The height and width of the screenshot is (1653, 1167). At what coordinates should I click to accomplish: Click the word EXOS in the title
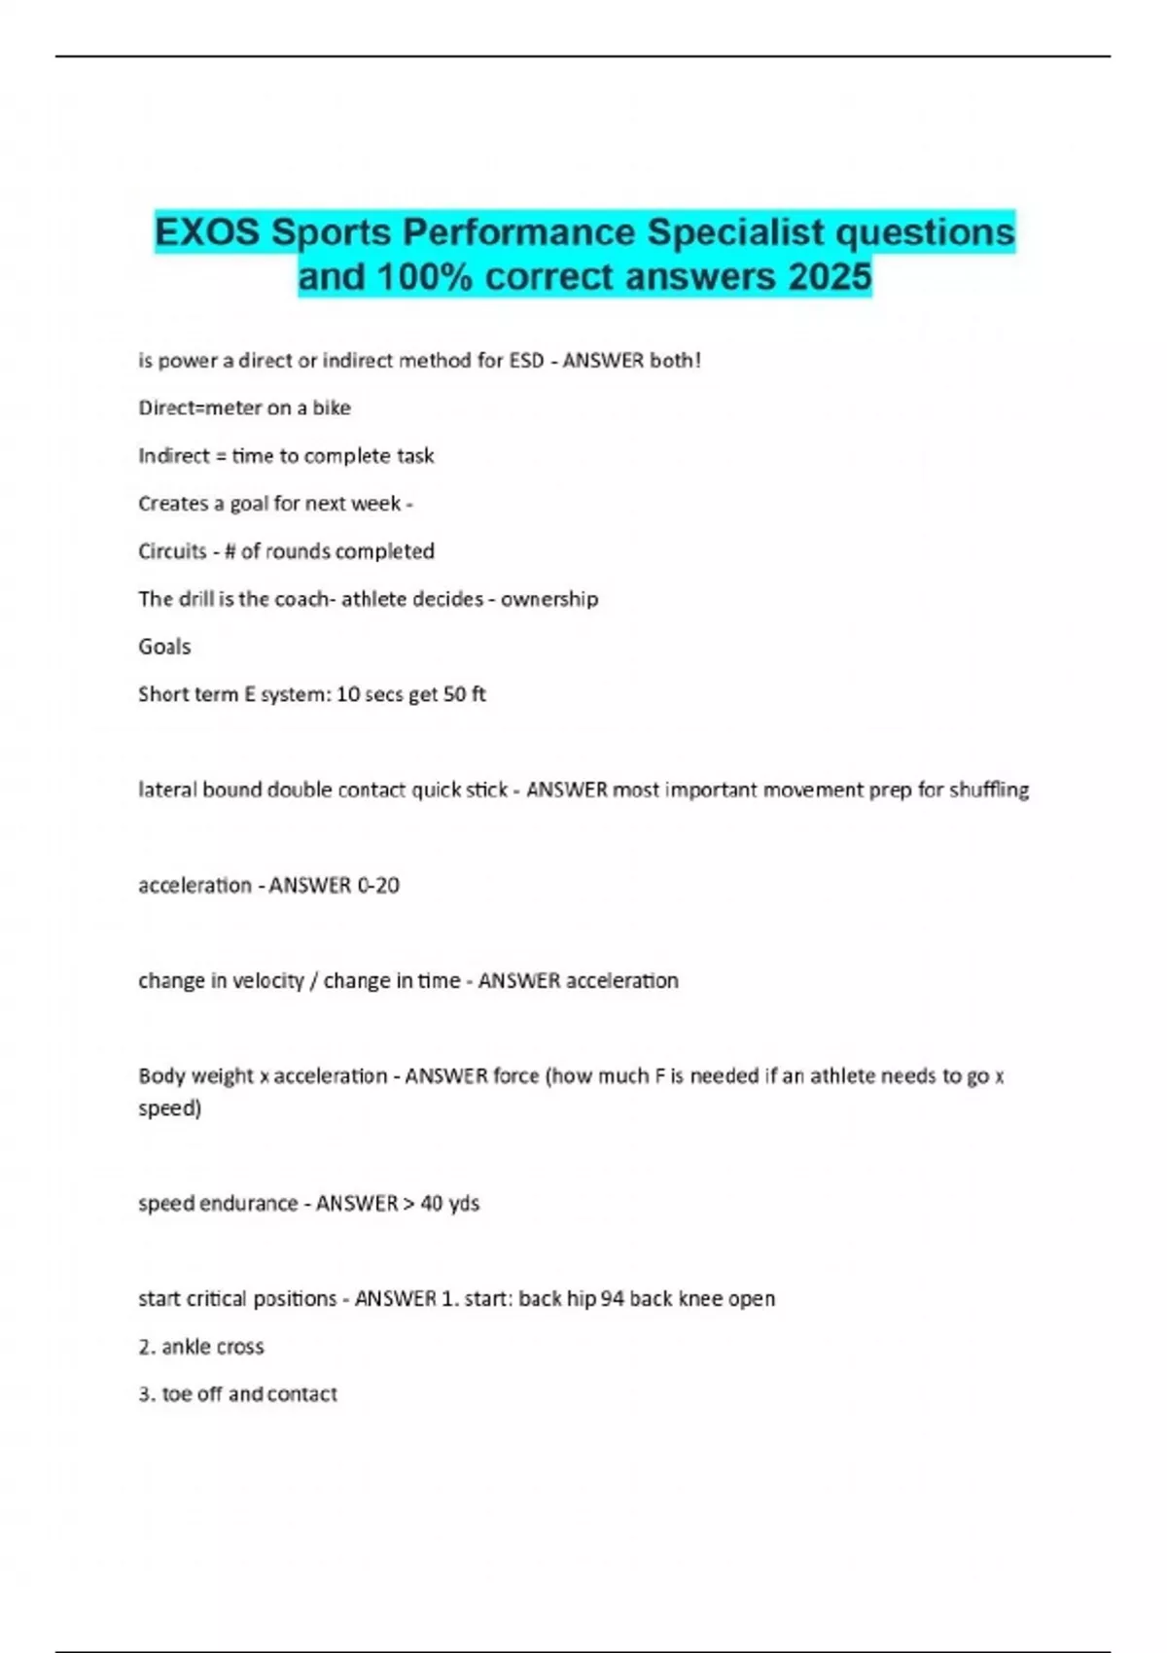207,232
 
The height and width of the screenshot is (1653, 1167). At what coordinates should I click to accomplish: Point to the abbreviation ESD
526,361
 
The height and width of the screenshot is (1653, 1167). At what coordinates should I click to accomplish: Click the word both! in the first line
675,361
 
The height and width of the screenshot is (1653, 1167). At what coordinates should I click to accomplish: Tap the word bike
332,408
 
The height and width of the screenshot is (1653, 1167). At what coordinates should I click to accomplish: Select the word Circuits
172,551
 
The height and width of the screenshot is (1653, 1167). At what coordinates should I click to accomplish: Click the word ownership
549,599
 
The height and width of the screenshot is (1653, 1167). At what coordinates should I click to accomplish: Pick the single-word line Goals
164,647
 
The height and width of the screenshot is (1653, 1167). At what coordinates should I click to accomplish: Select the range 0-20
378,885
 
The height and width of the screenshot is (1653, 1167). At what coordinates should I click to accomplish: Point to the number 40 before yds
431,1203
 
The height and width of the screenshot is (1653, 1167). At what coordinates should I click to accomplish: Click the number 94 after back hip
612,1298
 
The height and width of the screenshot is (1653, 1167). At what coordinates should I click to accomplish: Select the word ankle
185,1347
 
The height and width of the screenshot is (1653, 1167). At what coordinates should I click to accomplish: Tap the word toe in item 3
176,1394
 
